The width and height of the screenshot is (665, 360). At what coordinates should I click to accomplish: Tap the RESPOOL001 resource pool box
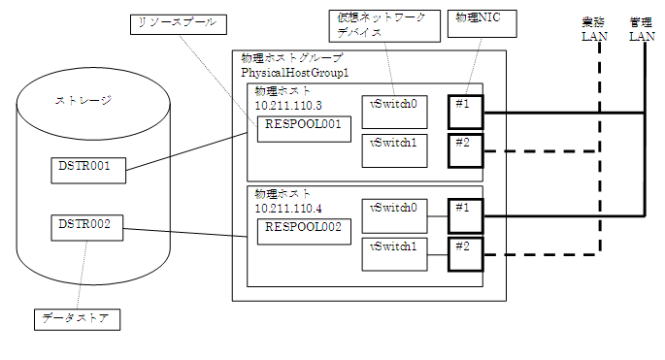point(303,129)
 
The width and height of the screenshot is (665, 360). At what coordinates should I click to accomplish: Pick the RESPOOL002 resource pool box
point(303,232)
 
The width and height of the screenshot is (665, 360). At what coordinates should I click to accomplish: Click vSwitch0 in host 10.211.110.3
point(393,111)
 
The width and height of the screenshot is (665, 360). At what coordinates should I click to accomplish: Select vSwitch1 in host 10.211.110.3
point(393,150)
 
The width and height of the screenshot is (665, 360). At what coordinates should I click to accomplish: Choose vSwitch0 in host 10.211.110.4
point(393,213)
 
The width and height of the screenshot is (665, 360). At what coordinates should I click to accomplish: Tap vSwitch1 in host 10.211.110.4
point(393,253)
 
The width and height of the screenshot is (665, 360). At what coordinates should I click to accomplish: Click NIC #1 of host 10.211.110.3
point(464,112)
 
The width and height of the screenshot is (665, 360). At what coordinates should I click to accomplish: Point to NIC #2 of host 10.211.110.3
point(464,150)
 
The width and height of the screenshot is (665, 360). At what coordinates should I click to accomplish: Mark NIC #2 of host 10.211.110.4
point(464,253)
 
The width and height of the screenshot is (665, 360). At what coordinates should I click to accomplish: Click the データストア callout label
point(76,318)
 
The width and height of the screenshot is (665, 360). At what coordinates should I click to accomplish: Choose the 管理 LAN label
point(642,29)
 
